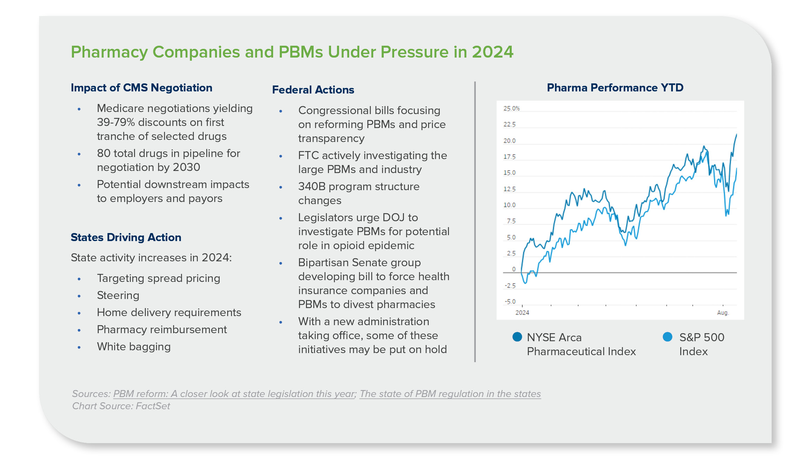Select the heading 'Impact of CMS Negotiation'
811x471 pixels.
141,88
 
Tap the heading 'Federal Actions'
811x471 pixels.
313,90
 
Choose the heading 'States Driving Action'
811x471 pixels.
126,237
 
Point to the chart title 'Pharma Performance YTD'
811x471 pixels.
615,88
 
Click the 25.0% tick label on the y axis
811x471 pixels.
511,109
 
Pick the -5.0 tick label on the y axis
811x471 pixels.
510,301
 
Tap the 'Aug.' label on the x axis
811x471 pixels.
723,313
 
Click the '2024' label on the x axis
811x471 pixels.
522,313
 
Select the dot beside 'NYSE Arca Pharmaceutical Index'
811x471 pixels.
517,337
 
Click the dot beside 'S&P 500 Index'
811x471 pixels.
667,337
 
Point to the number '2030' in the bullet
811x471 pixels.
186,167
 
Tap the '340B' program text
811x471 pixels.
312,187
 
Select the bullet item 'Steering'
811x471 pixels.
118,296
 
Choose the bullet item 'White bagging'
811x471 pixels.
134,347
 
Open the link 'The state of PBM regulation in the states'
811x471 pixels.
450,394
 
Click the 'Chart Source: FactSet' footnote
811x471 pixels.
121,406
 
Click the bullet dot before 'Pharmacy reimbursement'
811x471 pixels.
79,330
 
